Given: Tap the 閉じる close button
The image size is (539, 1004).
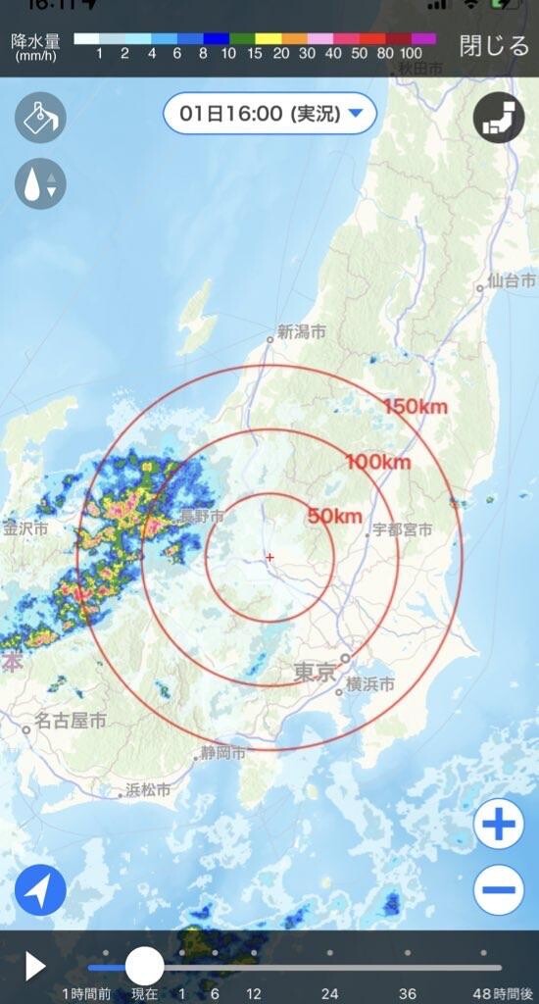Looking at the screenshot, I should pyautogui.click(x=494, y=46).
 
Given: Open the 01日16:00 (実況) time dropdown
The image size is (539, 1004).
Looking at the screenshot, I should pyautogui.click(x=269, y=114).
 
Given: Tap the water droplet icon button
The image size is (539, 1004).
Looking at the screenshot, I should pyautogui.click(x=40, y=183).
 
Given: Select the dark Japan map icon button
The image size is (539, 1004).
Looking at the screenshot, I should pyautogui.click(x=499, y=119).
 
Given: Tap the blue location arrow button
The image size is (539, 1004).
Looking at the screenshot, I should pyautogui.click(x=40, y=890).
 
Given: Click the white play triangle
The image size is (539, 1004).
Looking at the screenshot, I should pyautogui.click(x=35, y=966).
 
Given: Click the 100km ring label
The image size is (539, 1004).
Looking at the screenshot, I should pyautogui.click(x=377, y=461).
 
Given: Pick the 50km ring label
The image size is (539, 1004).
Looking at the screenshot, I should pyautogui.click(x=335, y=516).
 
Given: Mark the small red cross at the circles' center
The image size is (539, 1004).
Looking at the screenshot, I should pyautogui.click(x=269, y=557).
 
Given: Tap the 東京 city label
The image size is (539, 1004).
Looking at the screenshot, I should pyautogui.click(x=315, y=673).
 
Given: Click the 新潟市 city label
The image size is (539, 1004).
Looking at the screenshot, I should pyautogui.click(x=301, y=332).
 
